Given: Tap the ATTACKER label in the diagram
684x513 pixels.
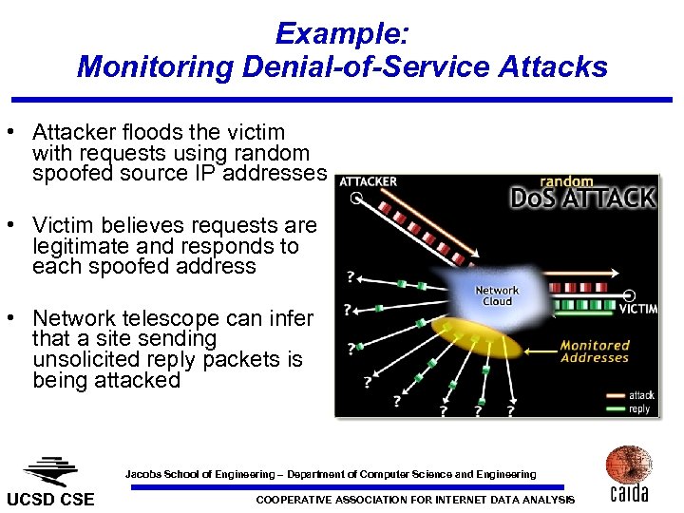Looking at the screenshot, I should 368,181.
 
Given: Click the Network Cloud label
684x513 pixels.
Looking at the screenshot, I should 497,295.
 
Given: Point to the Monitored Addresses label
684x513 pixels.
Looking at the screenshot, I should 595,351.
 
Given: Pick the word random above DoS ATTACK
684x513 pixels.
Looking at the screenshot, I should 566,181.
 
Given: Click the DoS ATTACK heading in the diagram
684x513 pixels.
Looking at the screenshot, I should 581,198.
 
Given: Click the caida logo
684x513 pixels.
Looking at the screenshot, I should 628,474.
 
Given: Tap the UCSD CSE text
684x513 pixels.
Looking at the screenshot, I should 51,500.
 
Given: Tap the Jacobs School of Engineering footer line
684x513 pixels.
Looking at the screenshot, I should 331,474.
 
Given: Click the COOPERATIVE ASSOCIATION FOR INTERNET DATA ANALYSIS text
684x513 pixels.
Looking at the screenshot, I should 416,500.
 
